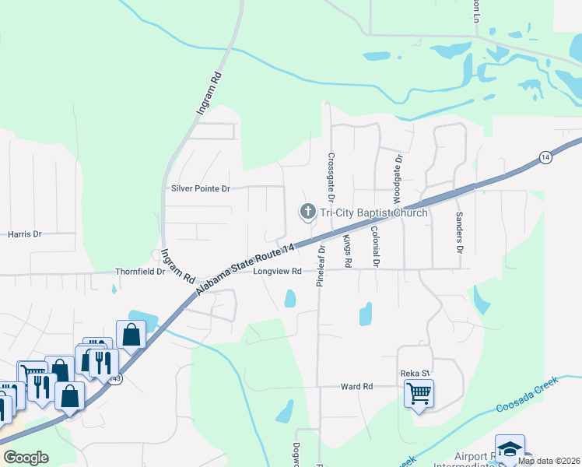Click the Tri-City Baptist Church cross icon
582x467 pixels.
pos(307,212)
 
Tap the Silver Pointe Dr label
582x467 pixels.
pos(201,188)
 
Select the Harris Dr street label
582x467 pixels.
pos(24,233)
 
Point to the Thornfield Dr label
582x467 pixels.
pos(140,272)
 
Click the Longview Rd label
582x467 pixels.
pos(275,272)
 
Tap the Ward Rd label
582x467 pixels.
pos(357,386)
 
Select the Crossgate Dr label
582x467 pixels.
pos(331,173)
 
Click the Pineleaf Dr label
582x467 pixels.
pos(320,267)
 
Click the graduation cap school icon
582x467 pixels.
pos(509,448)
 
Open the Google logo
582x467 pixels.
pos(26,458)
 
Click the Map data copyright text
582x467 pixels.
pos(549,461)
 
